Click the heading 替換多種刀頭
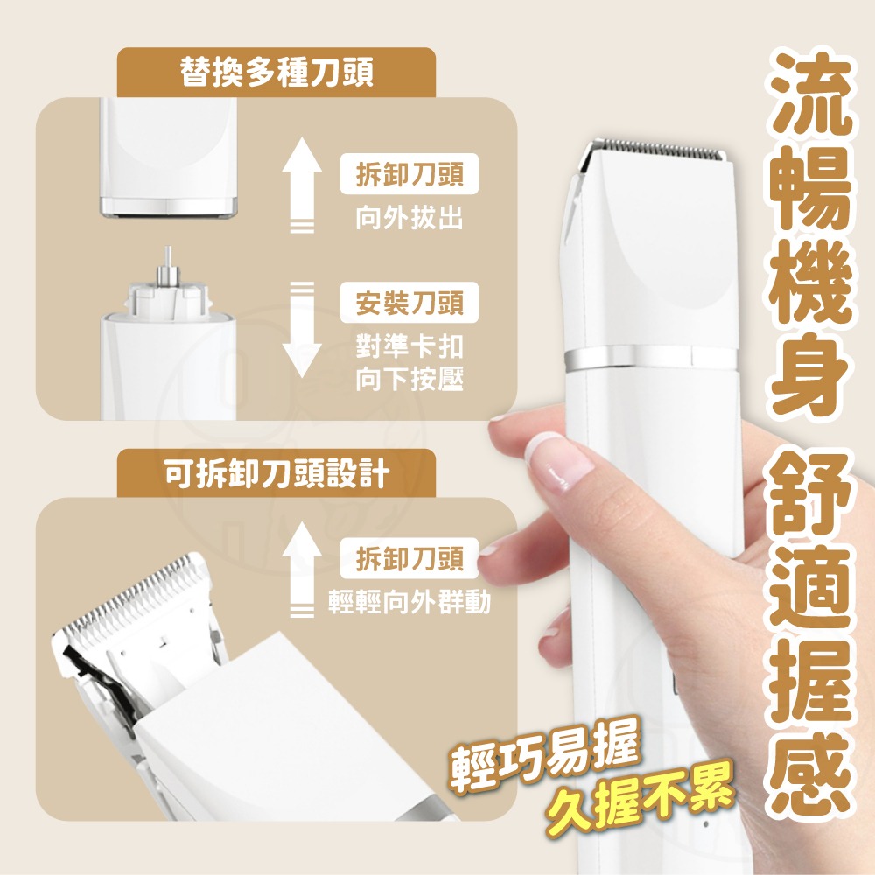pyautogui.click(x=276, y=73)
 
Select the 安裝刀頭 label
pyautogui.click(x=409, y=305)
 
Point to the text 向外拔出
pyautogui.click(x=409, y=218)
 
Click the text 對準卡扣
pyautogui.click(x=409, y=346)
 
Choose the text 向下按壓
pyautogui.click(x=409, y=380)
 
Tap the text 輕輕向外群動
pyautogui.click(x=409, y=602)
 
